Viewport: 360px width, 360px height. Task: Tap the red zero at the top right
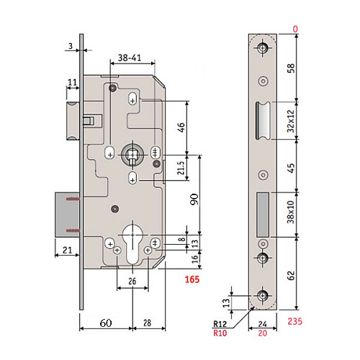[295, 29]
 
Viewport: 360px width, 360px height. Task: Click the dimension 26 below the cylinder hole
[132, 280]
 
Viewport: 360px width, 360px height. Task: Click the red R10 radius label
[222, 334]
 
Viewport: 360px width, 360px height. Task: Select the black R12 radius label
[222, 325]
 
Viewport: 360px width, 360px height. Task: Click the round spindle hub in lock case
[132, 153]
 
